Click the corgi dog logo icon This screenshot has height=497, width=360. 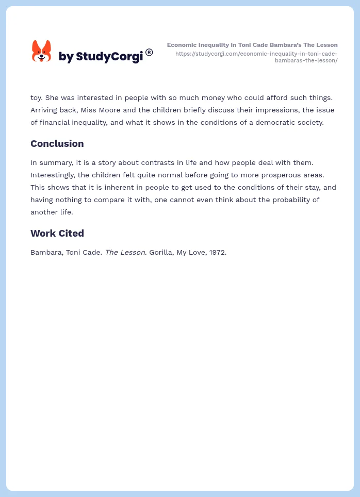[x=42, y=51]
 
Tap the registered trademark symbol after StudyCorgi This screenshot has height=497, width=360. [x=149, y=52]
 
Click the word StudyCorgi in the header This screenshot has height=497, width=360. [x=109, y=57]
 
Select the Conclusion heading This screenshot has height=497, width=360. [x=57, y=144]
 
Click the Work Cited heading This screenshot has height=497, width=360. [x=57, y=234]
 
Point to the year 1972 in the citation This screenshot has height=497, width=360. [x=217, y=253]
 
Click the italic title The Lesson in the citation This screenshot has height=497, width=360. [x=126, y=253]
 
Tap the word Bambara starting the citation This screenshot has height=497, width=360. [x=46, y=253]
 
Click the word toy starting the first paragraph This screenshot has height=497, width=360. [x=36, y=97]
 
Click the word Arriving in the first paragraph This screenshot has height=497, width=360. [x=45, y=110]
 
